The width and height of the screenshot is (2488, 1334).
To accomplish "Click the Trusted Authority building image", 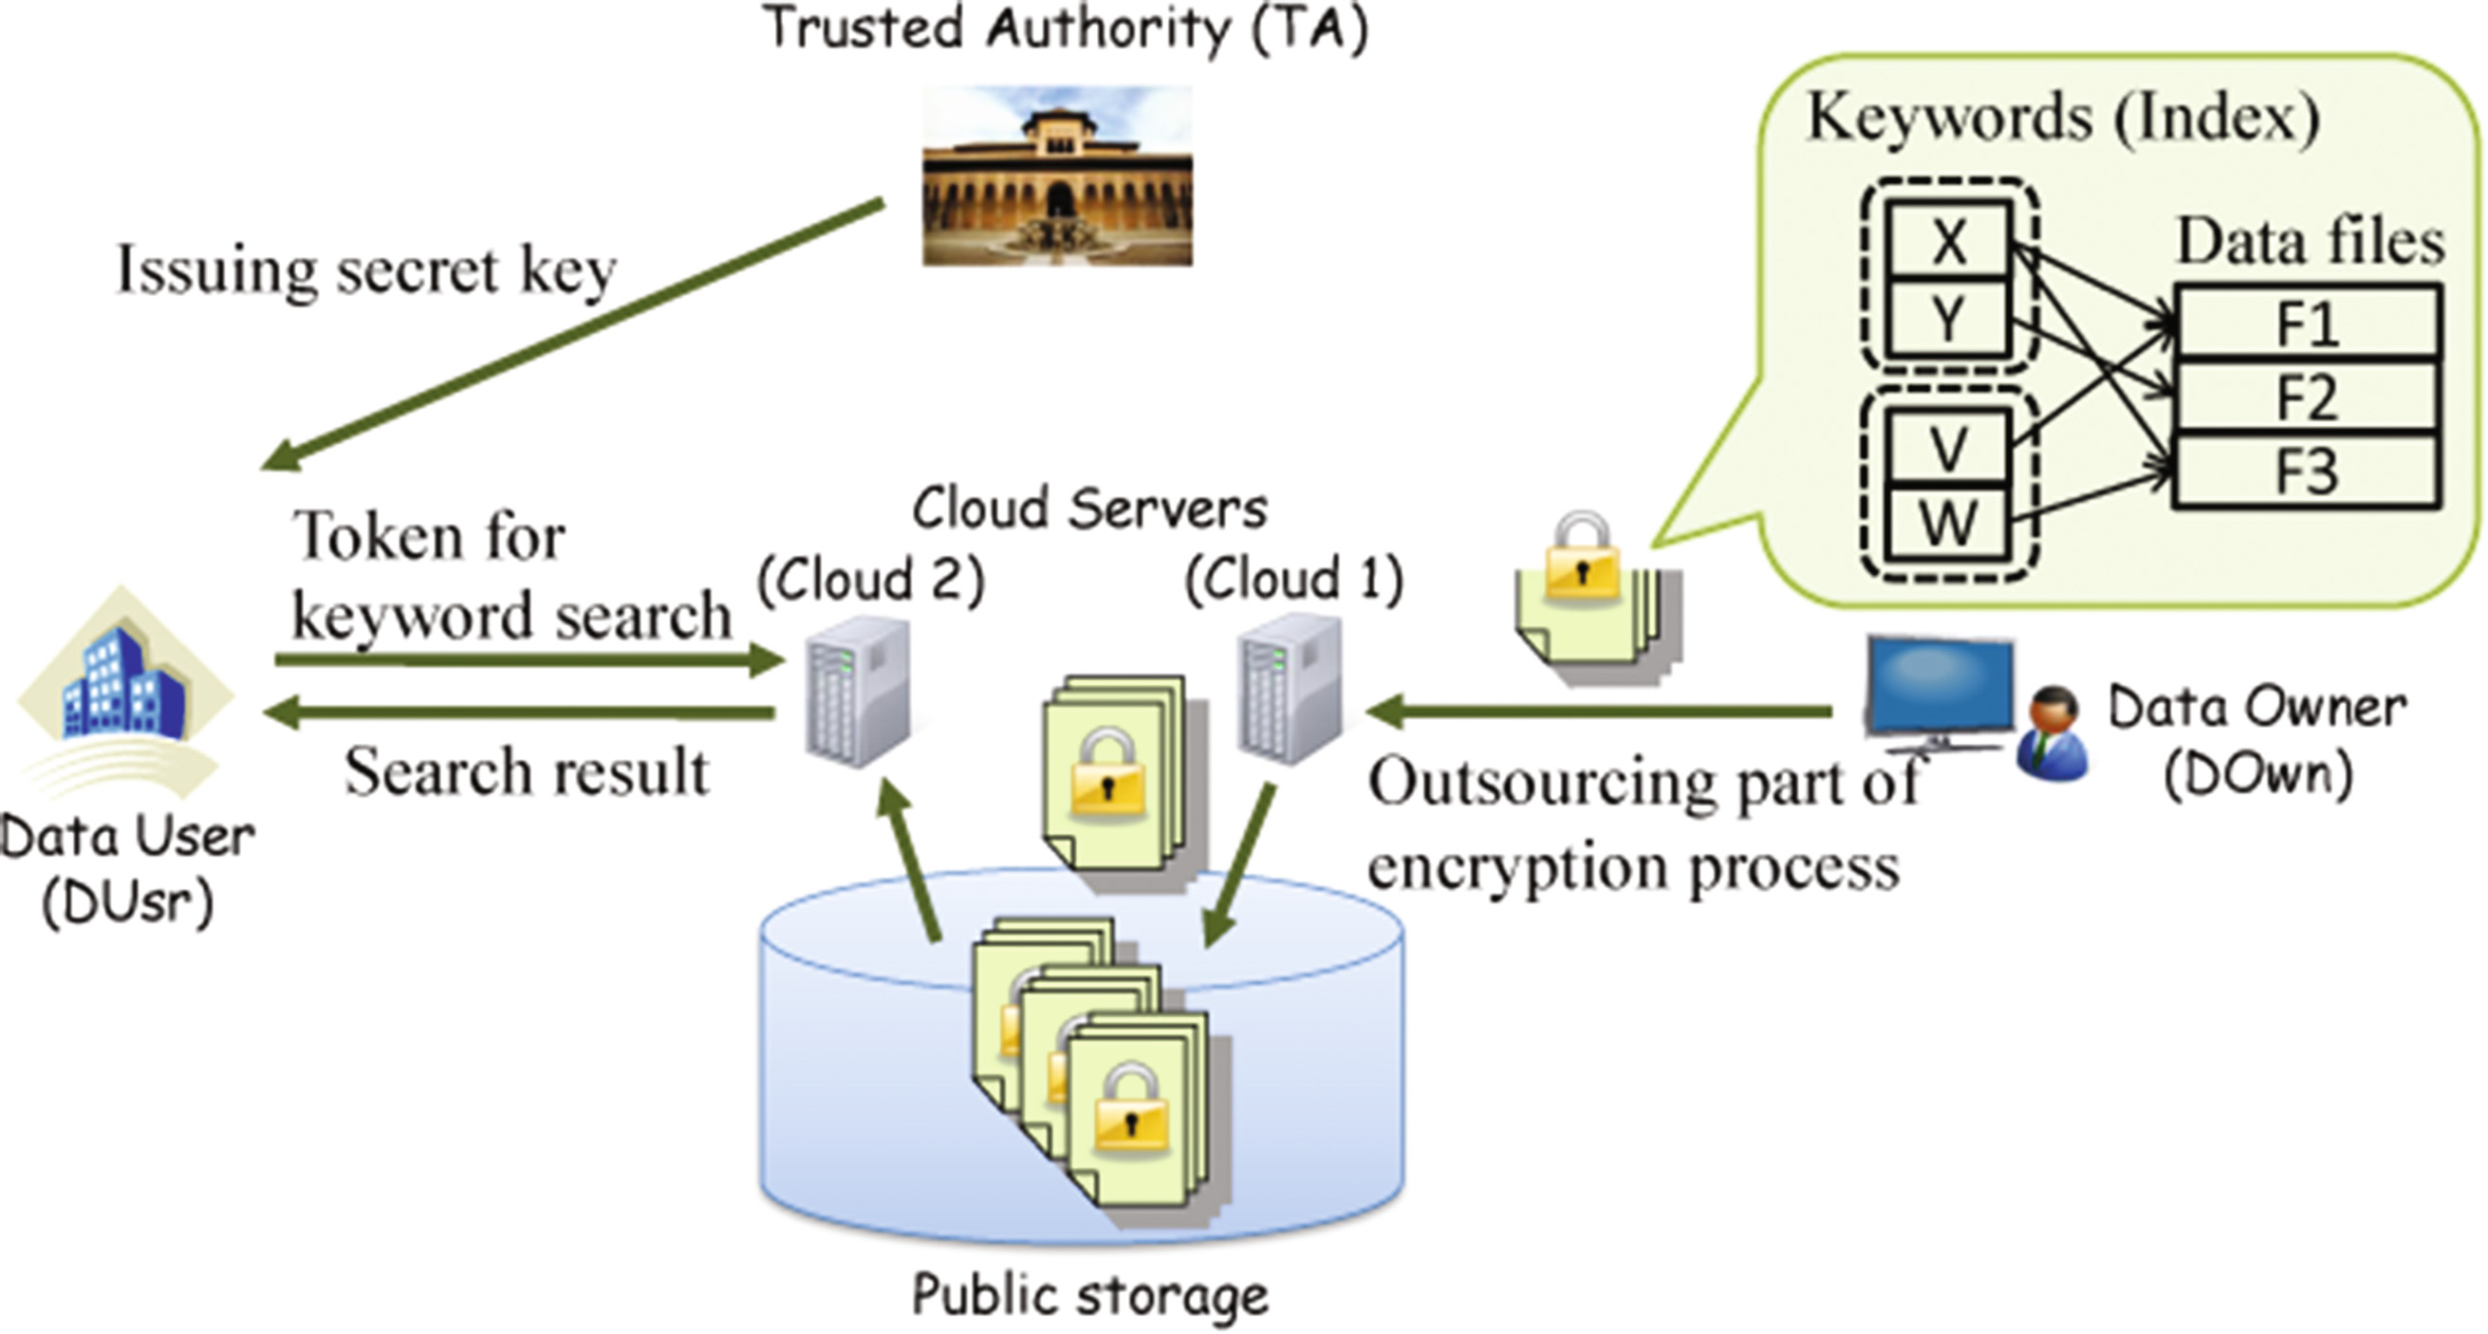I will click(x=1058, y=176).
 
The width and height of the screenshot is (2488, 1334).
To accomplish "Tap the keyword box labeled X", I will click(x=1948, y=241).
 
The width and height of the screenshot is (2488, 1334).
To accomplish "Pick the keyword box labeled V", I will click(x=1948, y=447).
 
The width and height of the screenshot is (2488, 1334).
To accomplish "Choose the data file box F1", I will click(x=2307, y=323).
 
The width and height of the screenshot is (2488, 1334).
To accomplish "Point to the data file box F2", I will click(x=2307, y=397).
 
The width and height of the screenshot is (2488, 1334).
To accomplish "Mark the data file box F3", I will click(x=2307, y=472).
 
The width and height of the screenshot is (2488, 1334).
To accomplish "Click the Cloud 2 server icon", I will click(x=858, y=691).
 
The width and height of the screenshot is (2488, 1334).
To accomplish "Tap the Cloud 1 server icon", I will click(x=1290, y=688).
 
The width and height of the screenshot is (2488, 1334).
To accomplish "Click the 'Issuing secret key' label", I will click(x=366, y=269).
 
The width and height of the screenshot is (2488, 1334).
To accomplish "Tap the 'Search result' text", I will click(x=527, y=771).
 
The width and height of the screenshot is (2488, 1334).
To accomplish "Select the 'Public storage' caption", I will click(x=1089, y=1294).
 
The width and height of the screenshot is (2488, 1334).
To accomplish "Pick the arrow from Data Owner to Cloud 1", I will click(x=1599, y=713).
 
